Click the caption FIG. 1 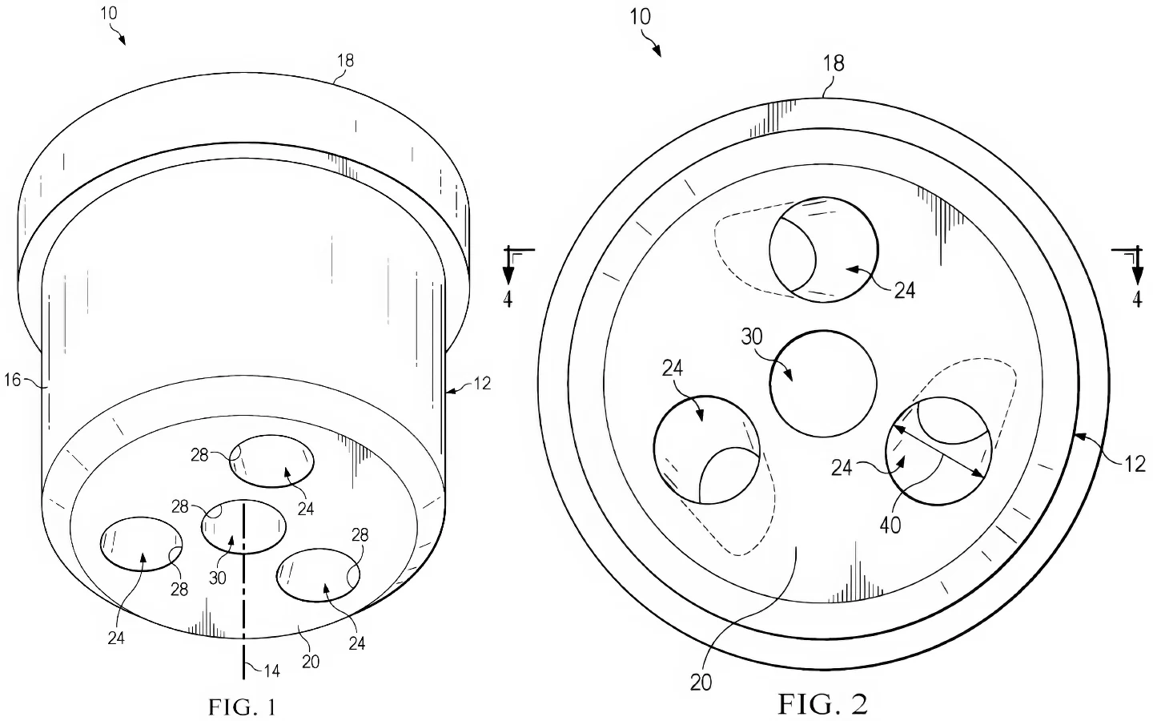242,707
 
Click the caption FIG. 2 822,704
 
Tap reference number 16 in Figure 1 12,380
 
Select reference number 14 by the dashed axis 271,671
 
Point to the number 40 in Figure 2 890,526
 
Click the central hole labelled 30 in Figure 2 823,384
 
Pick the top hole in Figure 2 824,249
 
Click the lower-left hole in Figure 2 707,449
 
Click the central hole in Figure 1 243,526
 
